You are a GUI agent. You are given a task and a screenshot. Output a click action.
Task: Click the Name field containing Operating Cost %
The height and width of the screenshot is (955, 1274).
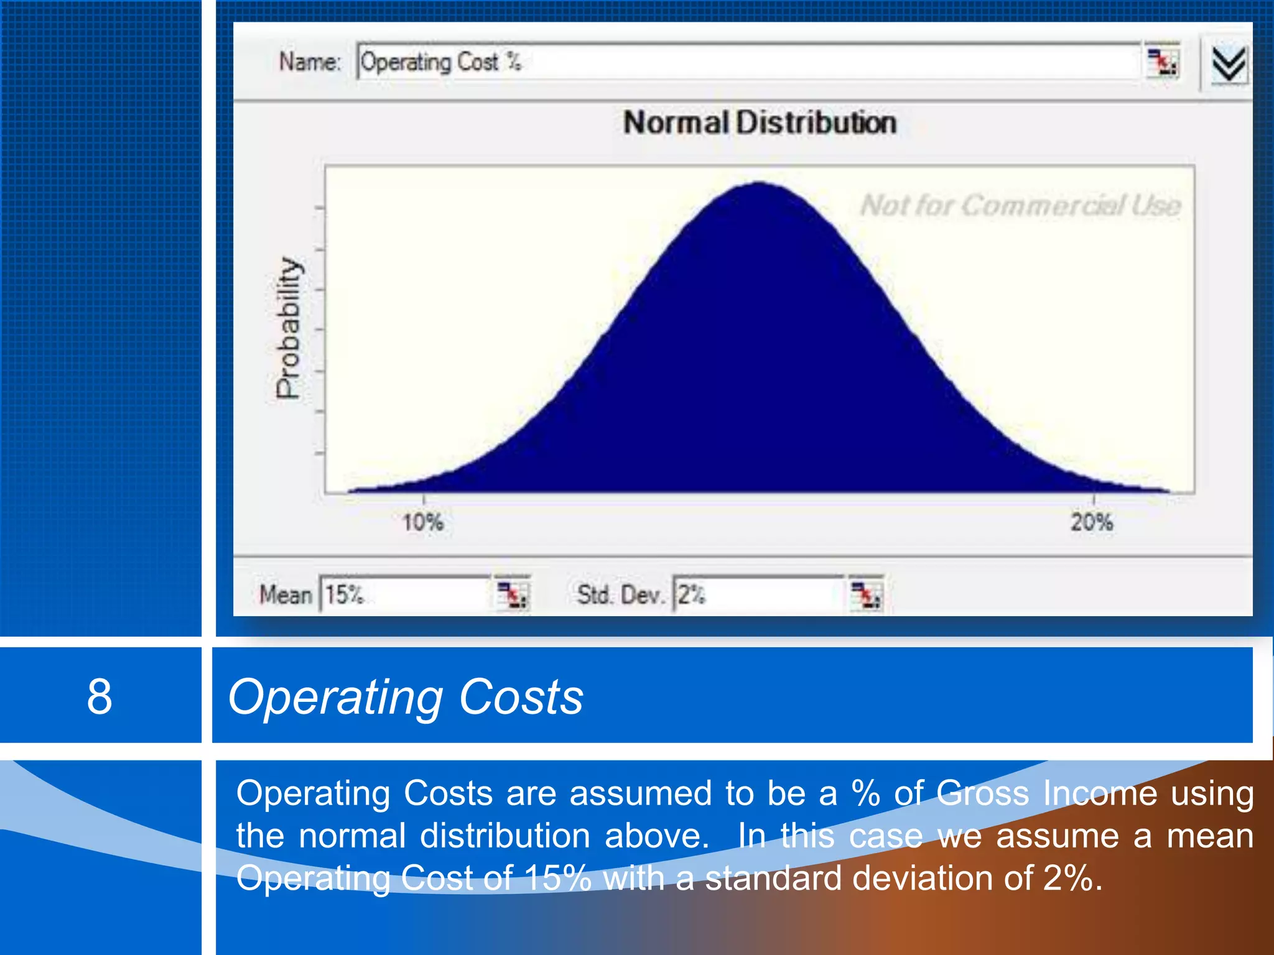[x=746, y=62]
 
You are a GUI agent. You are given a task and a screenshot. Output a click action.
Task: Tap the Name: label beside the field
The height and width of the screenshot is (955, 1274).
[x=310, y=62]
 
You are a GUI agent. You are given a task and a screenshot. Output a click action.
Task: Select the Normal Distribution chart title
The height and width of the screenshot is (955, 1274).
[x=760, y=122]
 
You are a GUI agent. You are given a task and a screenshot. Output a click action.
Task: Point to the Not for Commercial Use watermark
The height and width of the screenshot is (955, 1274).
[x=1020, y=205]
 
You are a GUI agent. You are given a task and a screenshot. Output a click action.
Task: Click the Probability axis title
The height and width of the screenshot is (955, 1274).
[x=289, y=328]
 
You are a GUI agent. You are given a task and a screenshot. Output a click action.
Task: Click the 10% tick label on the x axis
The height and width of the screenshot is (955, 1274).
[x=423, y=522]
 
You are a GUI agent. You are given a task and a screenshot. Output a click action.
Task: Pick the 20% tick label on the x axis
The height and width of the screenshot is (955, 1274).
[x=1092, y=522]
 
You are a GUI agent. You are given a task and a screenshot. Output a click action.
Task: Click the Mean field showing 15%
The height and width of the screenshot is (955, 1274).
[x=404, y=595]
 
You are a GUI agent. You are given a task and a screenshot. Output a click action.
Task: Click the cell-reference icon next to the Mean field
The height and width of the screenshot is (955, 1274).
[x=513, y=595]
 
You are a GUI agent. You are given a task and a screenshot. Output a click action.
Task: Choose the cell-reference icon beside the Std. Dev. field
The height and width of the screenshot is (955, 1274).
[x=866, y=595]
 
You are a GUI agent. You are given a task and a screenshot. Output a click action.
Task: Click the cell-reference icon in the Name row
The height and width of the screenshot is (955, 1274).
[x=1162, y=62]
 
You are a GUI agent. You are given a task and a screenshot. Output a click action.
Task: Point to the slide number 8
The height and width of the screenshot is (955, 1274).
[x=100, y=696]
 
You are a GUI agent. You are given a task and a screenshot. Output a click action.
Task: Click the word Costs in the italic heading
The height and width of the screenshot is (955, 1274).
[x=521, y=697]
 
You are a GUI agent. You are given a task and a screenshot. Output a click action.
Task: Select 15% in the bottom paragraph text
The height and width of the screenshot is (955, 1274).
[x=557, y=879]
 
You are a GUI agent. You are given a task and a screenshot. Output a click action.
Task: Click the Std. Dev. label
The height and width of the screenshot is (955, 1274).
[x=620, y=595]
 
